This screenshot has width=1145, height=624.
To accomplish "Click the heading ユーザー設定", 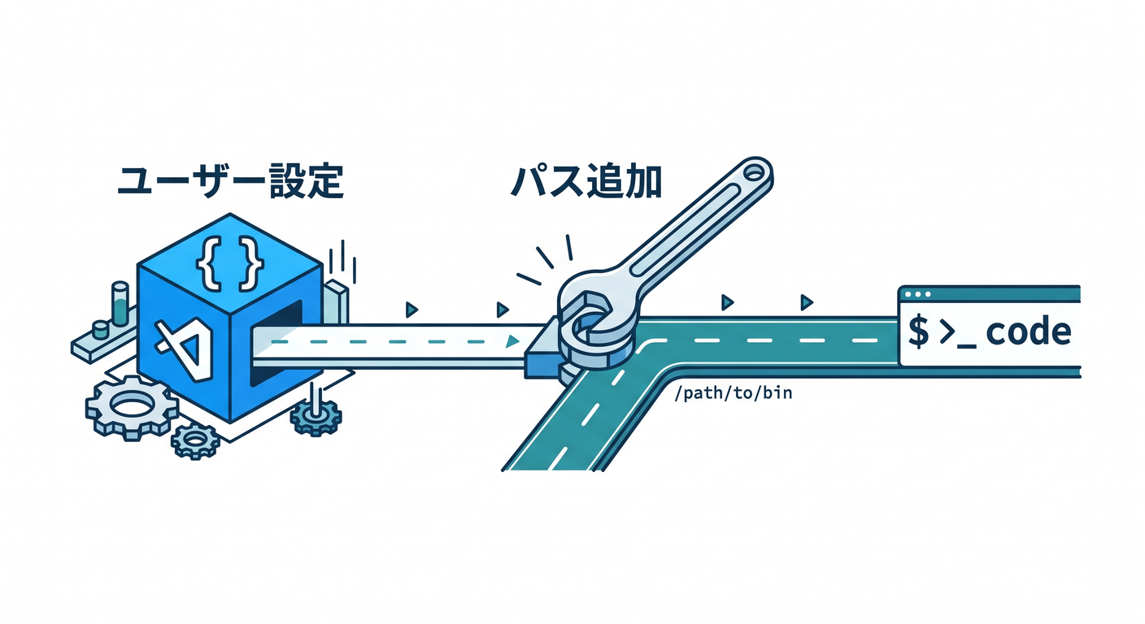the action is [230, 180].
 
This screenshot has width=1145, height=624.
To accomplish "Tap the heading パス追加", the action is [587, 180].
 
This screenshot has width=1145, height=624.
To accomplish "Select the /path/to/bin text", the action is [734, 392].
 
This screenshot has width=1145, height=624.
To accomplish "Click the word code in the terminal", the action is [1028, 331].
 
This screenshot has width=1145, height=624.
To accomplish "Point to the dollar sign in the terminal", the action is [919, 331].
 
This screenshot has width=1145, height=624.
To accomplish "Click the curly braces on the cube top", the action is [230, 263].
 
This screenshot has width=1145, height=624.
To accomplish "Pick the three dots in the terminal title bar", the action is [917, 295].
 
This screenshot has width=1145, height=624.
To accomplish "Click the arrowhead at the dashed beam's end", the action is [512, 341].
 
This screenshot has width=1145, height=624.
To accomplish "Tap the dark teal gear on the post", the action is [316, 417].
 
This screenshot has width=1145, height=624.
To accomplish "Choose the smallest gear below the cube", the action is [194, 441].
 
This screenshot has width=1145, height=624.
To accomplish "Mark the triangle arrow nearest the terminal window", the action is [807, 302].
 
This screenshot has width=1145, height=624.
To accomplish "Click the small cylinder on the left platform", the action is [100, 330].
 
